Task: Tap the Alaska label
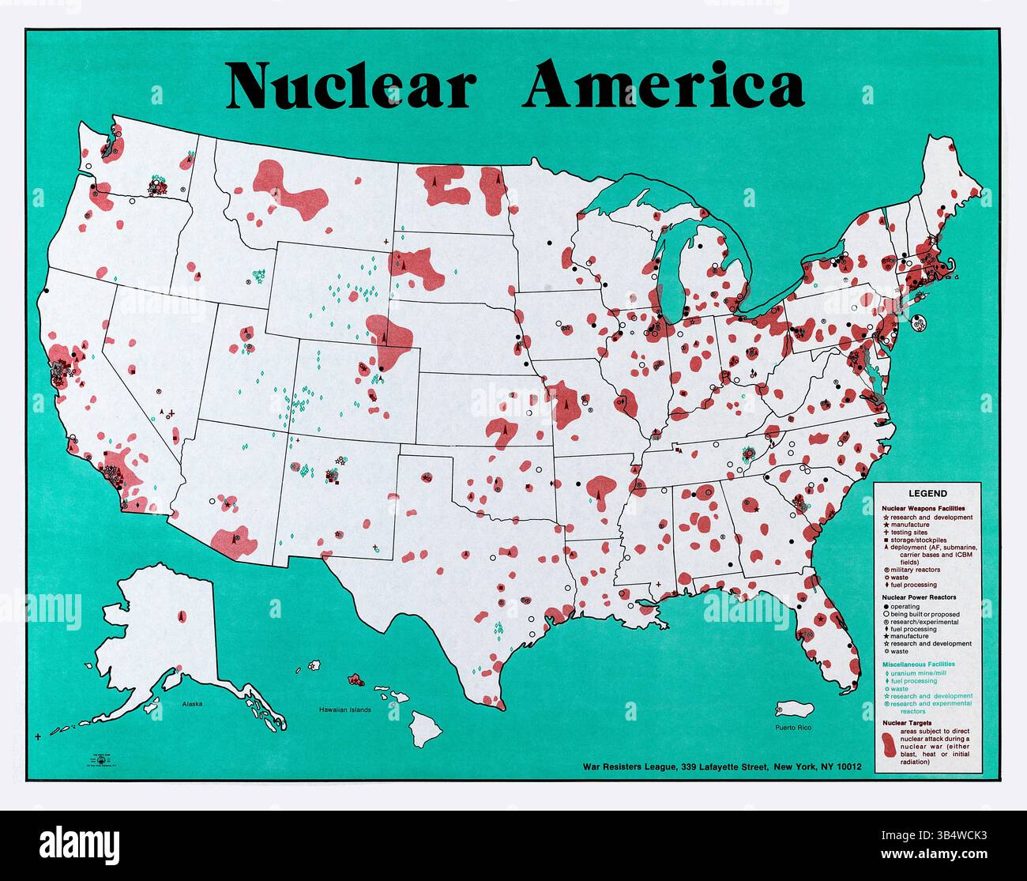coord(192,702)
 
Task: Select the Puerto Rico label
coord(792,727)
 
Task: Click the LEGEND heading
coord(927,494)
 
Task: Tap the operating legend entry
coord(905,606)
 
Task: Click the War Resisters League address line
coord(722,766)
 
